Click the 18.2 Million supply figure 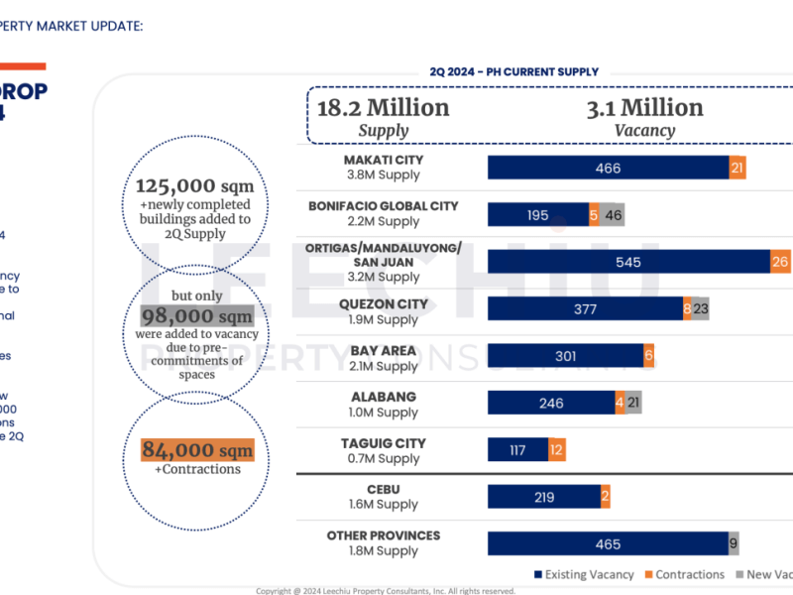tap(383, 108)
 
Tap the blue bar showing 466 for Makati tap(608, 168)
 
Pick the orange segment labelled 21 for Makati tap(737, 168)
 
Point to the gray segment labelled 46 tap(613, 215)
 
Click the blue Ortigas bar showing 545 tap(628, 262)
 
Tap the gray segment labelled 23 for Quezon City tap(701, 309)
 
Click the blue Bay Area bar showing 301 tap(565, 356)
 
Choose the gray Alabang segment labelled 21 tap(633, 403)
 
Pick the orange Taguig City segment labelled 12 tap(557, 450)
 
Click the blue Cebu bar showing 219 tap(543, 497)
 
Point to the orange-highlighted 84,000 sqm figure tap(197, 450)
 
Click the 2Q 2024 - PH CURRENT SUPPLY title tap(514, 71)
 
